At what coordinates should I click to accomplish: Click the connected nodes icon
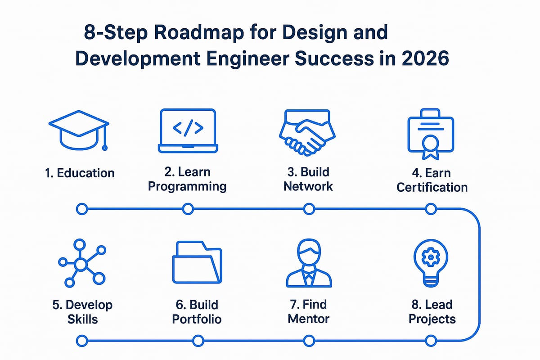[81, 264]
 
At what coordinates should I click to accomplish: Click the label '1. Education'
[80, 173]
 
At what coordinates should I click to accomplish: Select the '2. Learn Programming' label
[188, 179]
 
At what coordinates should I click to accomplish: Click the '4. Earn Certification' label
[432, 180]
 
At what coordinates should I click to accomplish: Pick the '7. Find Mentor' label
[309, 312]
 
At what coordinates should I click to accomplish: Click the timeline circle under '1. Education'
[81, 209]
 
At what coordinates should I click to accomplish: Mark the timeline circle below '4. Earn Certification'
[431, 209]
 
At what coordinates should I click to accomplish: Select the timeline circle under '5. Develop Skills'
[81, 341]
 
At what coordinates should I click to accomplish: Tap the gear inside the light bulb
[431, 257]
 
